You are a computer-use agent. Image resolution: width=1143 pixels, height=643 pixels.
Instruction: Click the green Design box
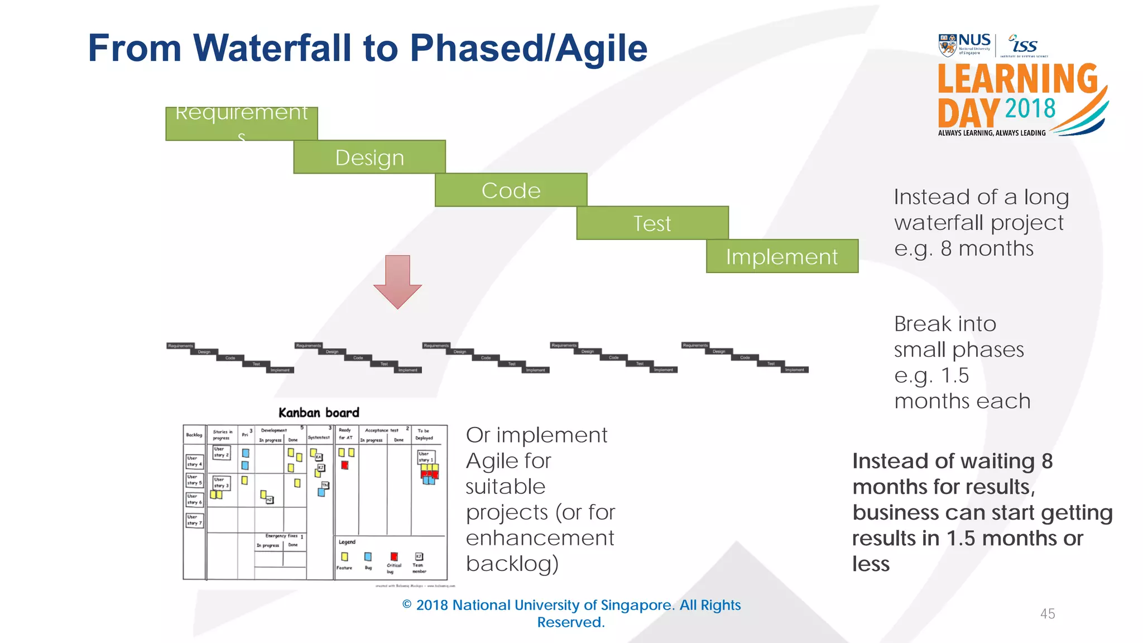tap(369, 157)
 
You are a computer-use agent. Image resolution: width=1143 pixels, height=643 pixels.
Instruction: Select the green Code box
tap(511, 190)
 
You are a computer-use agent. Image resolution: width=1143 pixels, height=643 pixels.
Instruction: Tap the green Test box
tap(652, 223)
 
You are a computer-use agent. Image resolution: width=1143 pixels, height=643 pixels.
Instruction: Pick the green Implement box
tap(782, 256)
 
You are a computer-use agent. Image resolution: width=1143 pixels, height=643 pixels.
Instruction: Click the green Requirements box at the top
tap(241, 123)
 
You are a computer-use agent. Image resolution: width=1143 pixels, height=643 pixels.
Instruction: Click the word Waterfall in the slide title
tap(272, 48)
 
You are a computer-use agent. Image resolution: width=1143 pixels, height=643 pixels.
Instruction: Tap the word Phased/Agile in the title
tap(528, 48)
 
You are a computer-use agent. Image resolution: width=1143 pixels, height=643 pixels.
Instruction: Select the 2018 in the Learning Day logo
tap(1030, 108)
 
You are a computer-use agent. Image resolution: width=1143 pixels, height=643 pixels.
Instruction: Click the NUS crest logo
tap(947, 45)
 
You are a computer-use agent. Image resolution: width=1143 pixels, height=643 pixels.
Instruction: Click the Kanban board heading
tap(319, 412)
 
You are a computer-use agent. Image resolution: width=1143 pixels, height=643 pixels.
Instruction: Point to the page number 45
tap(1048, 613)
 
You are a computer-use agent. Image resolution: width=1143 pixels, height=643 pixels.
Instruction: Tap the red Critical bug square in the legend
tap(394, 556)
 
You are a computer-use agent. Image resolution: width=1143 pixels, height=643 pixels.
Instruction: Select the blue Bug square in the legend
tap(368, 556)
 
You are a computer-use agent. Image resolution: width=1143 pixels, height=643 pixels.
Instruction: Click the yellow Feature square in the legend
tap(344, 556)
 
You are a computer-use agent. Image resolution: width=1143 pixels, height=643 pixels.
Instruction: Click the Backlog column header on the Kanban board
tap(194, 435)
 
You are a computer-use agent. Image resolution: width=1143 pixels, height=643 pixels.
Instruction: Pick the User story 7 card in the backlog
tap(194, 520)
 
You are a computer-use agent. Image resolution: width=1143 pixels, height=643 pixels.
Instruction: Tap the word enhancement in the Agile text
tap(540, 538)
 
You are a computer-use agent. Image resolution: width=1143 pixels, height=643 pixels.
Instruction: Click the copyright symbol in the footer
tap(407, 605)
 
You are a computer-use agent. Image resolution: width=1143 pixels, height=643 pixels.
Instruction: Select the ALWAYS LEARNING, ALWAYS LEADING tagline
tap(992, 133)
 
